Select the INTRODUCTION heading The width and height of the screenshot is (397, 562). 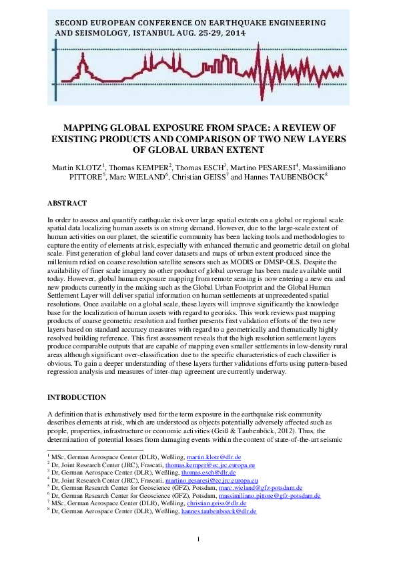[77, 397]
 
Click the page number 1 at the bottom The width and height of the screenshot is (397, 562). [198, 539]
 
